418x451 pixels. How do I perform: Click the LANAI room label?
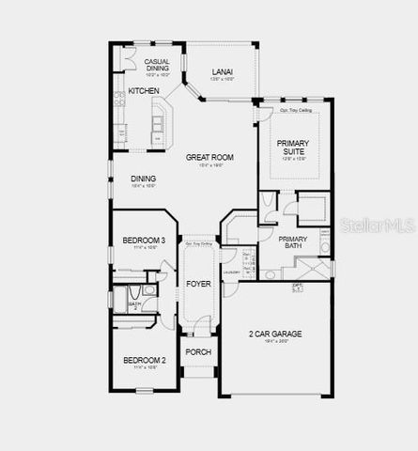pyautogui.click(x=222, y=71)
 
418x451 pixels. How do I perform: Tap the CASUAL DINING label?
pyautogui.click(x=157, y=65)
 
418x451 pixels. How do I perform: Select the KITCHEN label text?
pyautogui.click(x=144, y=91)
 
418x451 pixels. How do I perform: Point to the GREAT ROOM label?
pyautogui.click(x=209, y=157)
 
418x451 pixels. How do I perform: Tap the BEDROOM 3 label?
pyautogui.click(x=144, y=241)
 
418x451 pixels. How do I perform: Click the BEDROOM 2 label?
pyautogui.click(x=144, y=359)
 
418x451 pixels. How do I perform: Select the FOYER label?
pyautogui.click(x=198, y=283)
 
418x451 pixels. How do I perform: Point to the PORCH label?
pyautogui.click(x=198, y=352)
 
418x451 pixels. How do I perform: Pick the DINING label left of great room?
pyautogui.click(x=144, y=179)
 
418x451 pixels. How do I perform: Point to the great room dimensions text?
pyautogui.click(x=209, y=165)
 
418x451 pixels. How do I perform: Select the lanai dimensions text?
pyautogui.click(x=222, y=80)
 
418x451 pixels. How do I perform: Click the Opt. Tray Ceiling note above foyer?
pyautogui.click(x=198, y=244)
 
